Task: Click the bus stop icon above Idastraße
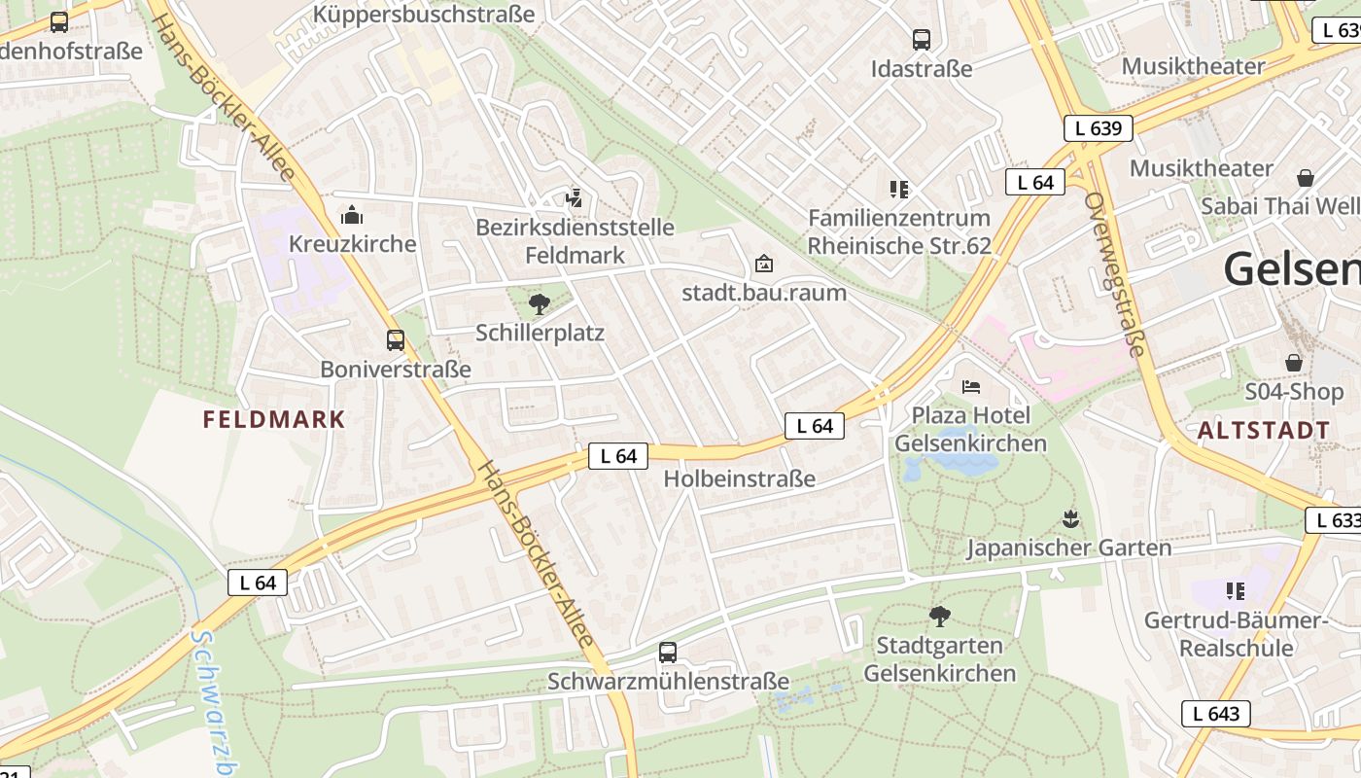[921, 40]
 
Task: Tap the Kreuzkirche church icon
[352, 215]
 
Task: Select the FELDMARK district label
[274, 420]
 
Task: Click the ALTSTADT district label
[1264, 430]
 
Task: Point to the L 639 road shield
[1098, 128]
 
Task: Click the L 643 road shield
[1215, 714]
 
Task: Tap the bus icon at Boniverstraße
[395, 340]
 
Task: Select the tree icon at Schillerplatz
[539, 304]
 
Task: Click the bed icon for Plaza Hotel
[970, 386]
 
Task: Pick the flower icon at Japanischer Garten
[1070, 519]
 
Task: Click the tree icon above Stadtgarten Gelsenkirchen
[939, 616]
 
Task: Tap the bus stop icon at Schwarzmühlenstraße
[667, 653]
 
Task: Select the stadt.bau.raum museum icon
[764, 264]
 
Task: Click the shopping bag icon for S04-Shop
[1293, 363]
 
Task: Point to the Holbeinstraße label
[739, 478]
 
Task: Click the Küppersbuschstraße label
[424, 15]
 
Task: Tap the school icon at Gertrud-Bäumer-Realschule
[1235, 590]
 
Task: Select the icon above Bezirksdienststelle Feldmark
[574, 198]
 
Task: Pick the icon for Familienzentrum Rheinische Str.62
[898, 189]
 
